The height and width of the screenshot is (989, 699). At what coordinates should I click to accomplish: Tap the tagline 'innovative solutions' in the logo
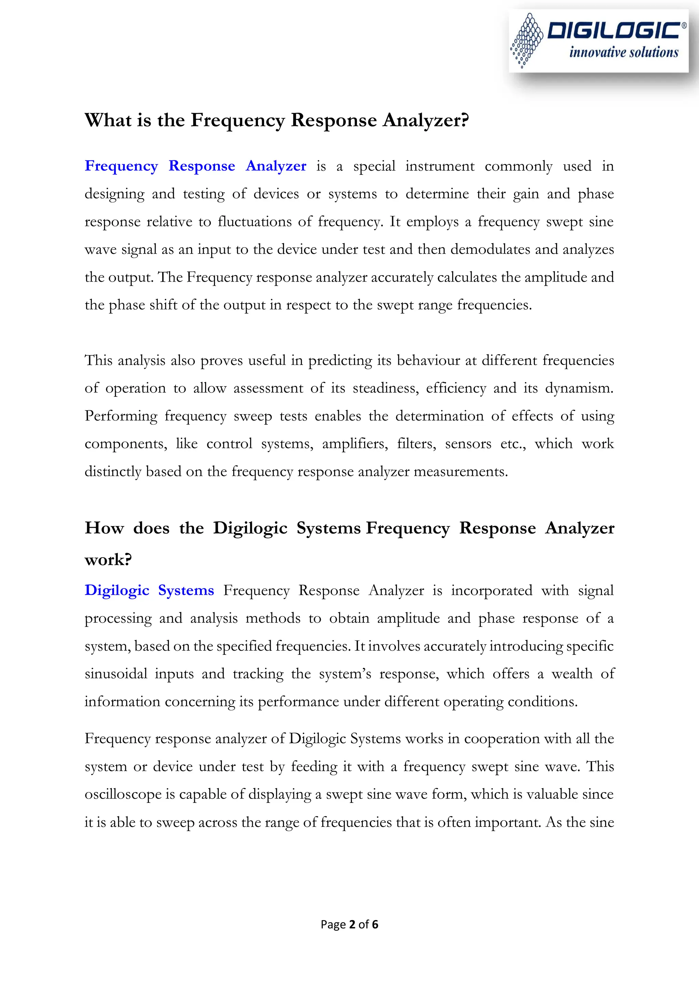click(623, 53)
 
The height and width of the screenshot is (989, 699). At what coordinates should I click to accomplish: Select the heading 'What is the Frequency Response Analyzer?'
click(276, 120)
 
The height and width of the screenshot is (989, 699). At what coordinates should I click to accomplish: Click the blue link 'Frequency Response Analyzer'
click(195, 166)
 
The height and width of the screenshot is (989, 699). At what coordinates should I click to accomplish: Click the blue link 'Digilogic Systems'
click(149, 590)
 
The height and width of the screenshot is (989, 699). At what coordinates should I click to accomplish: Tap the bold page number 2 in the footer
click(352, 924)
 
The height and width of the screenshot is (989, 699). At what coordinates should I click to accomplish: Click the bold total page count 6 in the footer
click(375, 924)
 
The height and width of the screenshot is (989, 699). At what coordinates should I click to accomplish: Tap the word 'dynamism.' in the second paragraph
click(579, 388)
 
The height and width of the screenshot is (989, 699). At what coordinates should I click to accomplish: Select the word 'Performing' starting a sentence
click(121, 416)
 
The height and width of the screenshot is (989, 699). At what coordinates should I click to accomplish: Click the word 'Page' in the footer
click(333, 924)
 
